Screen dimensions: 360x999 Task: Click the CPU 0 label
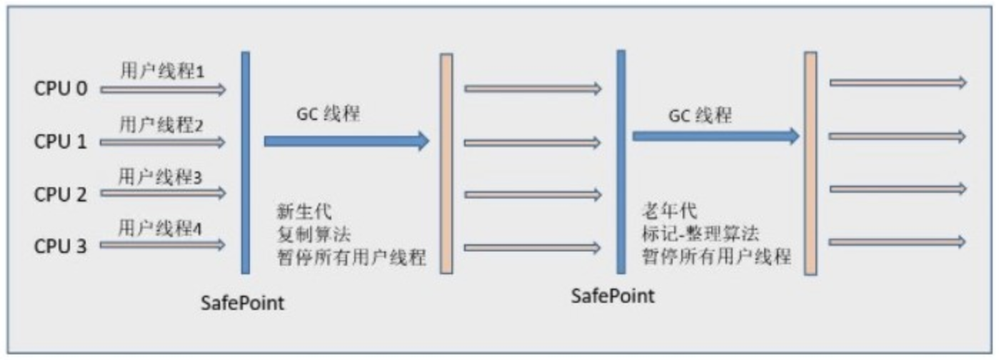pos(61,90)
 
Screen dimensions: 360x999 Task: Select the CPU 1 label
pos(61,142)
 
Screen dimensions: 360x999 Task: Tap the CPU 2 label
pos(61,194)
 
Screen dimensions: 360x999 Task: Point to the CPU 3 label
pos(61,246)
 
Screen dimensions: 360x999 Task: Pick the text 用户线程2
pos(162,125)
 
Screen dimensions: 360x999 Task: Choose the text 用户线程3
pos(162,177)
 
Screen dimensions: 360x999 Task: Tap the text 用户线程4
pos(162,229)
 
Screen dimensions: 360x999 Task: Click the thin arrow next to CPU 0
pos(164,90)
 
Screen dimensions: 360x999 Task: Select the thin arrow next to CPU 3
pos(164,246)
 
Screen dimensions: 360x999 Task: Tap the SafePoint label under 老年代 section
pos(613,295)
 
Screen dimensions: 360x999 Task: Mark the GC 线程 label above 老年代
pos(700,115)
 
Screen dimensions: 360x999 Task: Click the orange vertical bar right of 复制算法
pos(446,164)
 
